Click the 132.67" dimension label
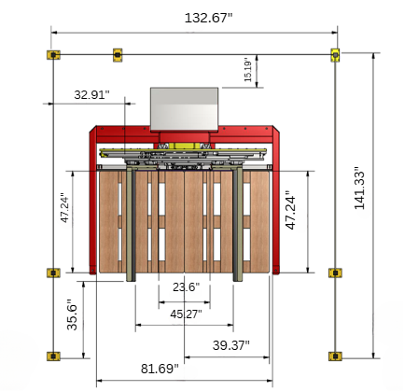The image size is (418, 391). coord(208,18)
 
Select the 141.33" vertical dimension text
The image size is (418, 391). coord(359,189)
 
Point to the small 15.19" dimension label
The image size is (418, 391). coord(247,69)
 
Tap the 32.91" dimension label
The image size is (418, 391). coord(91,94)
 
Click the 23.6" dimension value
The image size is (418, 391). coord(186,286)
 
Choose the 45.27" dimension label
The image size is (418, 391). coord(186,314)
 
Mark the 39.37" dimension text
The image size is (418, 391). coord(231,345)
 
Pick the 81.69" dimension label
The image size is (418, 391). coord(160,369)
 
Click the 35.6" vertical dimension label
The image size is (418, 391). coord(72,314)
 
